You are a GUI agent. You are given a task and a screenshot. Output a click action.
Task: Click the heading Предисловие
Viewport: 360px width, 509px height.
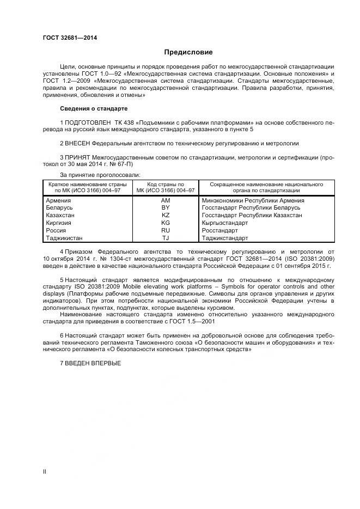188,52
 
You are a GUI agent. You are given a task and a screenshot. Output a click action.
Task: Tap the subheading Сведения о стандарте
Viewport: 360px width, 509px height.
93,108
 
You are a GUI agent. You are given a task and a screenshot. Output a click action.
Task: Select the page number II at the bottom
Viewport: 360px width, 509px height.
45,471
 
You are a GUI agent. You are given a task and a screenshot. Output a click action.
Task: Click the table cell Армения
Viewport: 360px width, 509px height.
59,200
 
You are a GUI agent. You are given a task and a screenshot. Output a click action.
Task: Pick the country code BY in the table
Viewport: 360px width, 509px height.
166,208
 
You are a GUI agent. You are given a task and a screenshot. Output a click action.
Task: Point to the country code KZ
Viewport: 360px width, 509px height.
166,216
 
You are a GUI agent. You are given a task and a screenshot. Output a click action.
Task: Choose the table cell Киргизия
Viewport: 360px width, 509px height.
60,223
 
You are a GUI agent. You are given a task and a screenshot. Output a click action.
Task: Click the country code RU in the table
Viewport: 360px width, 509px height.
166,231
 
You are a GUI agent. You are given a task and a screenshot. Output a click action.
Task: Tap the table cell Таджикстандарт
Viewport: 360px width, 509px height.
225,238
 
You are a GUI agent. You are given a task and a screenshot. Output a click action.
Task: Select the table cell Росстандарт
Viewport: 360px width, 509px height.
219,231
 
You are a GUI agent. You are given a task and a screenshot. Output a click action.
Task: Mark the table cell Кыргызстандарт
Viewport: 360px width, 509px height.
224,223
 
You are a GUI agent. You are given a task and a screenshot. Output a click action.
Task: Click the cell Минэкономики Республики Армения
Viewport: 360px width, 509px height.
253,200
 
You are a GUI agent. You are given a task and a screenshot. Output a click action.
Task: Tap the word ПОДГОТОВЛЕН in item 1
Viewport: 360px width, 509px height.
88,122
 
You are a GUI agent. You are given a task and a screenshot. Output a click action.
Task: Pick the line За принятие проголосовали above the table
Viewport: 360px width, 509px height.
100,175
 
